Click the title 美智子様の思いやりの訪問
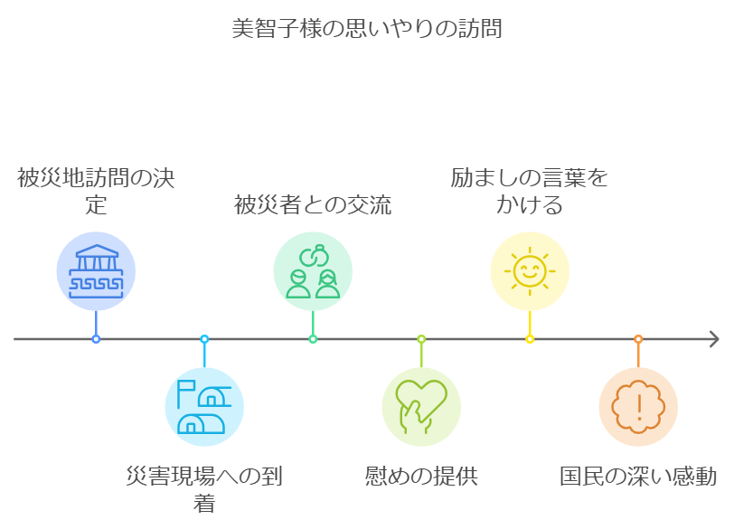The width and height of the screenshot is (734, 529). tap(367, 29)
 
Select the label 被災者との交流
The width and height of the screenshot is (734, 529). tap(313, 204)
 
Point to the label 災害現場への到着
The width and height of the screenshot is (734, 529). tap(204, 489)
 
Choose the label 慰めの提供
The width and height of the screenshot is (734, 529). tap(421, 476)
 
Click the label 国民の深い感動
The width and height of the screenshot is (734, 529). tap(638, 476)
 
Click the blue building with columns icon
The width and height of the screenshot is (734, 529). tap(96, 271)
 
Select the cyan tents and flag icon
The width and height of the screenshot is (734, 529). tap(204, 407)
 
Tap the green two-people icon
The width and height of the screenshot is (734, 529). tap(313, 271)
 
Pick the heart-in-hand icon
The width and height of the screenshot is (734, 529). tap(421, 407)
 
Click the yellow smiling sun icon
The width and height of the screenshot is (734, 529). tap(530, 271)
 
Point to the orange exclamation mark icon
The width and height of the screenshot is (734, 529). tap(638, 407)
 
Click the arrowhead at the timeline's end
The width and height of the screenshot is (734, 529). tap(714, 339)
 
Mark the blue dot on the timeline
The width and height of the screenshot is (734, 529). tap(96, 339)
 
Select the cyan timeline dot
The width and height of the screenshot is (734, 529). tap(204, 339)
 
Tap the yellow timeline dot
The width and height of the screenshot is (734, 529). tap(530, 339)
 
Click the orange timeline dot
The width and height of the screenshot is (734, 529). tap(638, 339)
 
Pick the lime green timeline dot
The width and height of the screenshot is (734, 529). tap(421, 339)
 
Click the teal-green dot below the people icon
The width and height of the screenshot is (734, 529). tap(313, 339)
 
